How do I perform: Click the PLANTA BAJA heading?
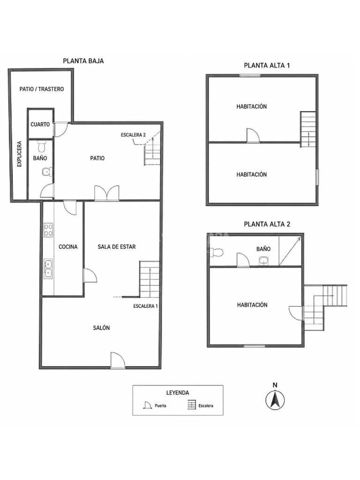coord(83,61)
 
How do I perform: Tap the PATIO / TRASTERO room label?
coord(42,89)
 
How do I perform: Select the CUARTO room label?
coord(40,125)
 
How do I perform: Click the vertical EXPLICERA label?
coord(20,154)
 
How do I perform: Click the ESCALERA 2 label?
coord(133,135)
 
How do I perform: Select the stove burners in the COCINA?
coord(48,230)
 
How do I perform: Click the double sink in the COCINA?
coord(48,269)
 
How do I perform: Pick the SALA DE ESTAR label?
coord(117,247)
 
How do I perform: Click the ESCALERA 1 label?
coord(145,306)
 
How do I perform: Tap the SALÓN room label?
coord(101,328)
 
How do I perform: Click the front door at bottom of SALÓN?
coord(118,360)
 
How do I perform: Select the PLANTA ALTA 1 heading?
coord(267,65)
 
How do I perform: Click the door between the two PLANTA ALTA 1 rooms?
coord(253,135)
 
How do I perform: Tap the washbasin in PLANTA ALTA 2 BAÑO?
coord(263,261)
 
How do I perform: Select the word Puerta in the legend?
coord(160,405)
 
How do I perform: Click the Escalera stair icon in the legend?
coord(191,405)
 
